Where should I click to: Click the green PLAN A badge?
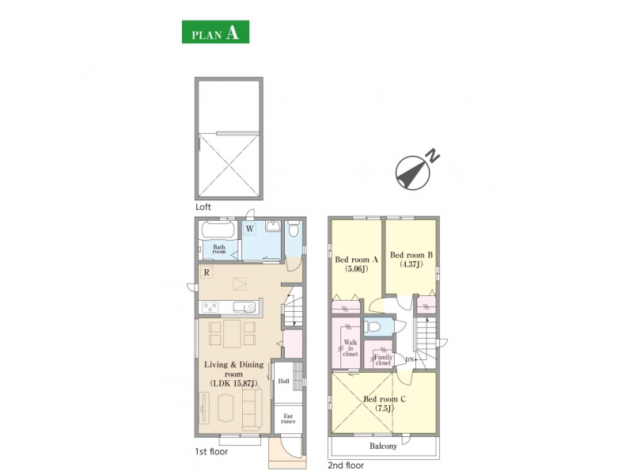(215, 32)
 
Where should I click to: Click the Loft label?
(203, 207)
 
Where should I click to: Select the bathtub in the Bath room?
(218, 230)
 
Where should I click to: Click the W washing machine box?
(250, 229)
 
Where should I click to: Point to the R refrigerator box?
(207, 272)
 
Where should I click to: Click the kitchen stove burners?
(210, 306)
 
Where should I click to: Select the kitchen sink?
(244, 307)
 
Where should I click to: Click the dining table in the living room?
(232, 333)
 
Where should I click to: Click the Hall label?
(284, 381)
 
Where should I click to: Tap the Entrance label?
(288, 419)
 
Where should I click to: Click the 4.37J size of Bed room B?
(411, 264)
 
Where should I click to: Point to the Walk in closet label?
(351, 348)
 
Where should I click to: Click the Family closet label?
(383, 360)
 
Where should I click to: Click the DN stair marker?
(409, 359)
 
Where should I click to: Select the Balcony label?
(383, 446)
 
